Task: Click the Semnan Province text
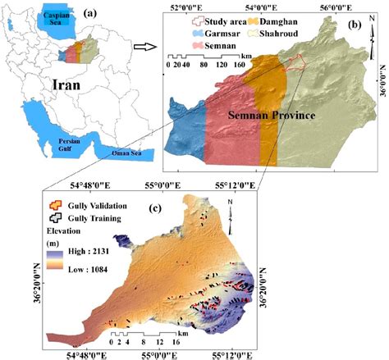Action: (272, 116)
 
